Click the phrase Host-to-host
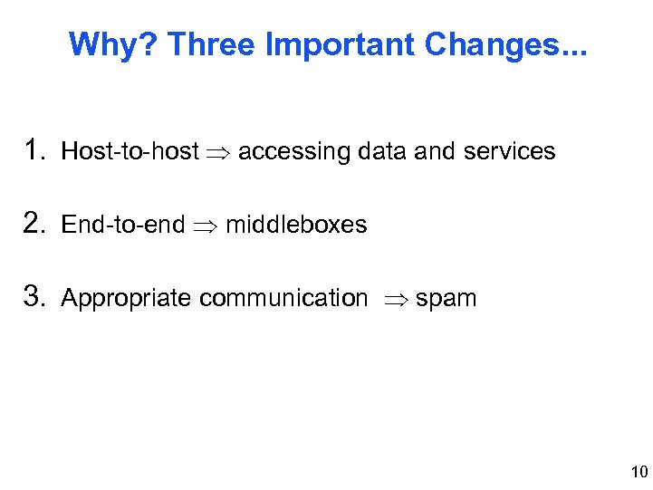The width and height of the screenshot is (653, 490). [130, 151]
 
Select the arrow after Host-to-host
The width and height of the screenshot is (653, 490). [218, 152]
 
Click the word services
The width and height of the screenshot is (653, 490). [509, 151]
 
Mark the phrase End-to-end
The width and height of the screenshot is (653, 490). [122, 225]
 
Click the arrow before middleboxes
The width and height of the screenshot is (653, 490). [205, 226]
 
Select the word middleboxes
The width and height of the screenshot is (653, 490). [296, 225]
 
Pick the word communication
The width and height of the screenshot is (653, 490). [283, 298]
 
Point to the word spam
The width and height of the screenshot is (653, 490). [446, 299]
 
